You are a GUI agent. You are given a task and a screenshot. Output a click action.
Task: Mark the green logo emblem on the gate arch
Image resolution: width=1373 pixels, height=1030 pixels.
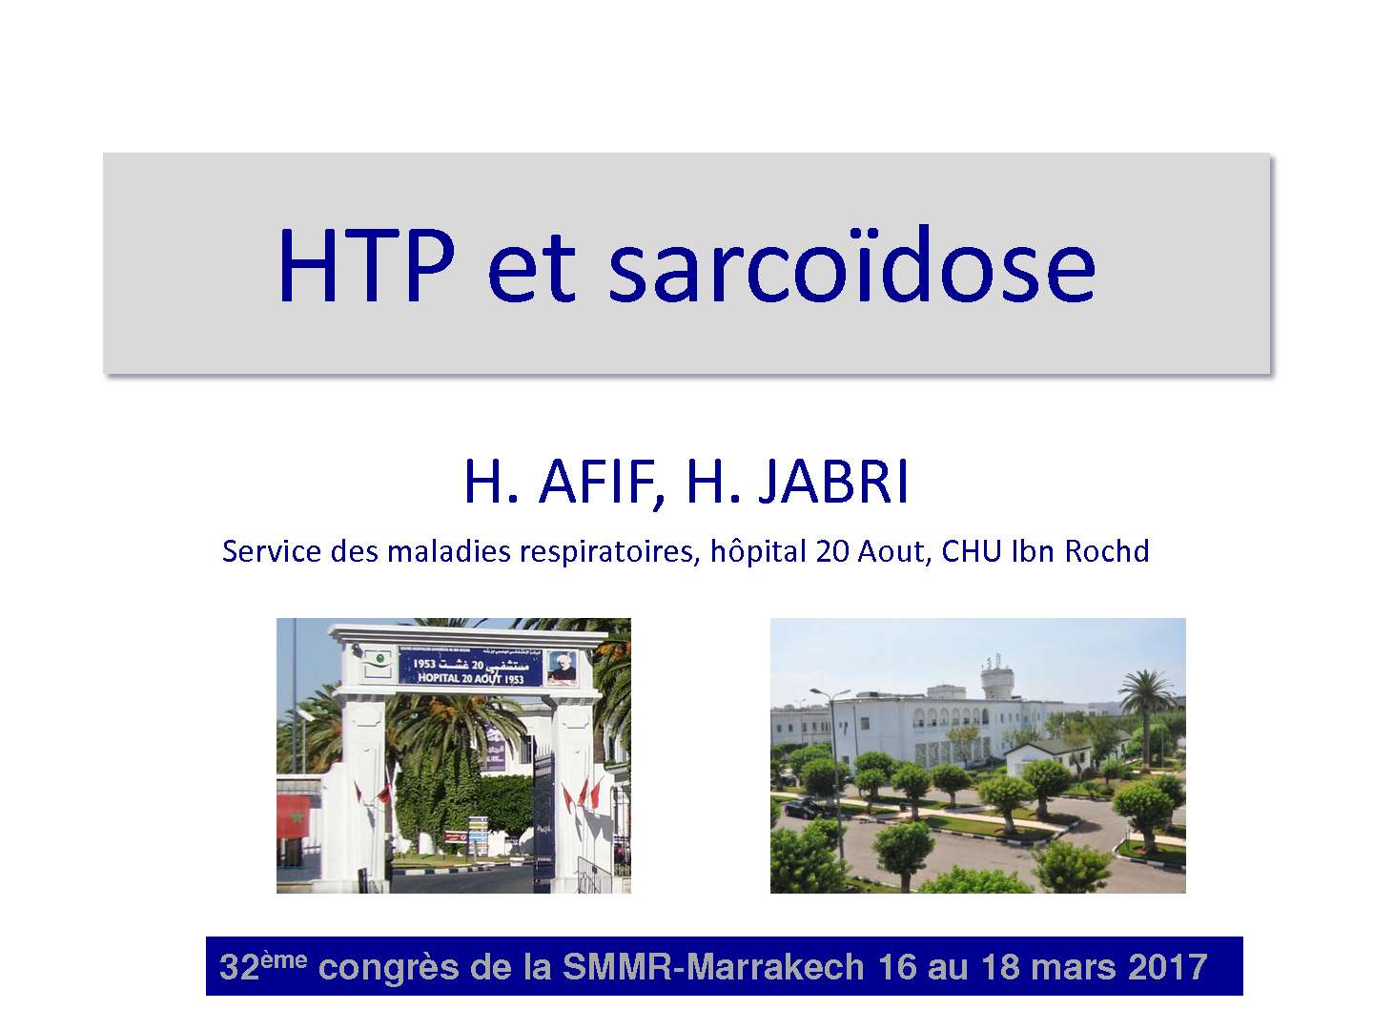379,658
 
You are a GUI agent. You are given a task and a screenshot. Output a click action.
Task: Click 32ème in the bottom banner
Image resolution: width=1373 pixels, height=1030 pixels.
262,966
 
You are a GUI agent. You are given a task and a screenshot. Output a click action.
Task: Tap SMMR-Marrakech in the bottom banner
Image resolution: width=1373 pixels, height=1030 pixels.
713,967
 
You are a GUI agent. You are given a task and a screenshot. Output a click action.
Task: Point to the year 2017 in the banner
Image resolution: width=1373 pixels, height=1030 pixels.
1168,967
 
